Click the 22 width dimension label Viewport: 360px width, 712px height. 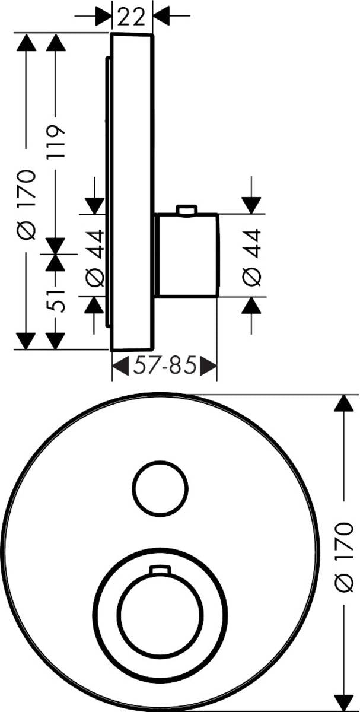(132, 17)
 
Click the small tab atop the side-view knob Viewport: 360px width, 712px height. (186, 210)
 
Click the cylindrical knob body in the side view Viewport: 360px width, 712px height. (186, 255)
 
